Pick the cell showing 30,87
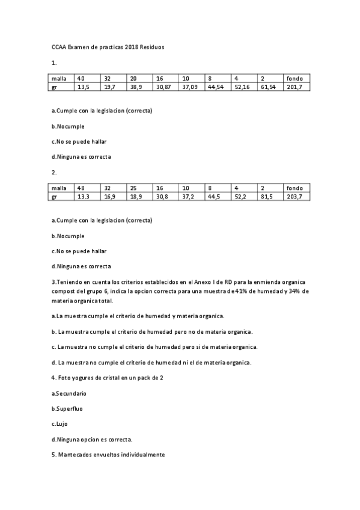tap(164, 87)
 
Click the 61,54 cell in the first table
tap(268, 87)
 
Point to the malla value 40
tap(81, 79)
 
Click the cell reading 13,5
tap(83, 87)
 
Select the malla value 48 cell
tap(81, 188)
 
